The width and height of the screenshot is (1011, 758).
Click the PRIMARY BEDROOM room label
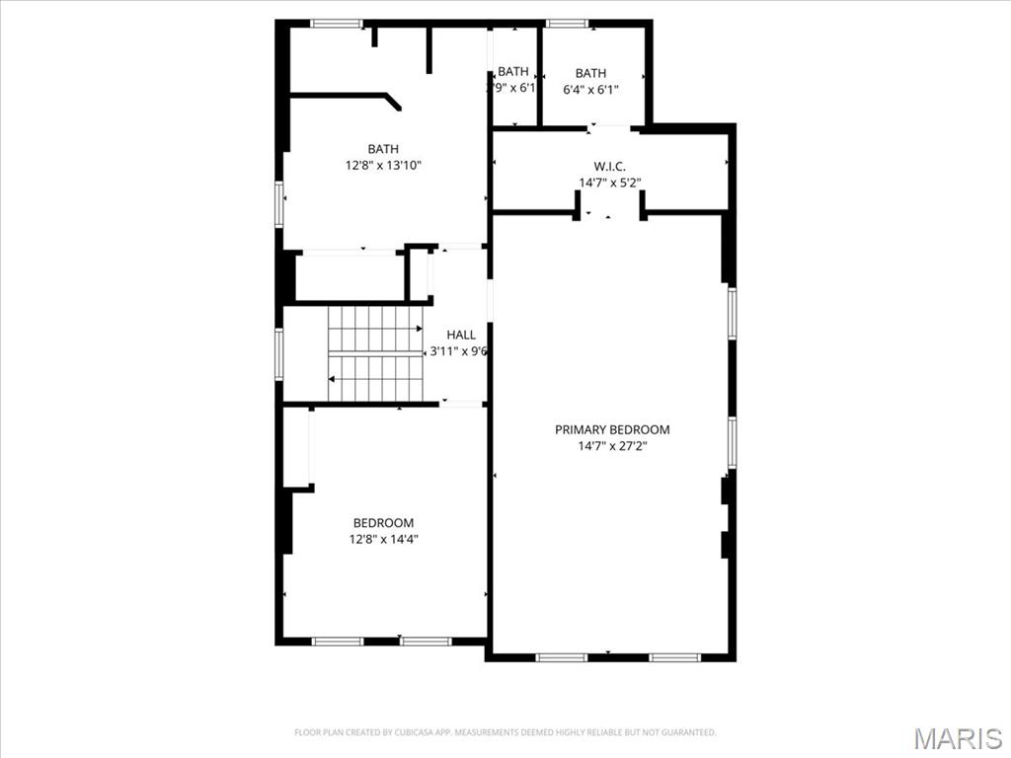point(612,429)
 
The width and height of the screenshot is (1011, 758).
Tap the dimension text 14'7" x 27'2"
point(612,446)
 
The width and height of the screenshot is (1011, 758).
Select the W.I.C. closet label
point(609,166)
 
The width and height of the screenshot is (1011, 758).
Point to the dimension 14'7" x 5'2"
point(609,183)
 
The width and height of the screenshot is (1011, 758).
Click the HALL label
point(460,335)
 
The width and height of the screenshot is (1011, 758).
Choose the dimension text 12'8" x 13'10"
point(383,166)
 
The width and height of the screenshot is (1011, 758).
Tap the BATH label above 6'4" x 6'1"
point(590,73)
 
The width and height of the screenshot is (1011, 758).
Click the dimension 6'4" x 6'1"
point(590,90)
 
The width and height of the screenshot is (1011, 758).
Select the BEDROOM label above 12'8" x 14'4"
point(383,522)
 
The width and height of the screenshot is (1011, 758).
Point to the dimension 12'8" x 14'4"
point(383,539)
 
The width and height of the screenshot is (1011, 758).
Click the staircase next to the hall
point(375,352)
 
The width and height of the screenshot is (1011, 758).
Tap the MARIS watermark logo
point(957,738)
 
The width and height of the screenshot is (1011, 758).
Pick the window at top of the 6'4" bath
point(567,23)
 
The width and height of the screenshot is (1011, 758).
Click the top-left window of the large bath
point(336,23)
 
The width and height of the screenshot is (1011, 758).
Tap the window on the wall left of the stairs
point(279,353)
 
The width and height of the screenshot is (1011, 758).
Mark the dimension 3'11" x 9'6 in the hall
point(458,351)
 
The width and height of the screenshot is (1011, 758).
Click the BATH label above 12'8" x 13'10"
point(383,149)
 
